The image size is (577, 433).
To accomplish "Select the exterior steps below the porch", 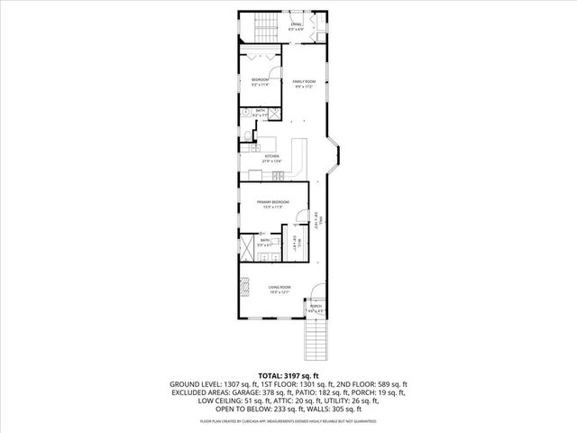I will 316,340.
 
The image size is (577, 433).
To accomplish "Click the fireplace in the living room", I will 243,287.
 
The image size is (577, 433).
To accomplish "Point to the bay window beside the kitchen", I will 334,161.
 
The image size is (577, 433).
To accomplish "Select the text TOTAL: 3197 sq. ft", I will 288,375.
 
